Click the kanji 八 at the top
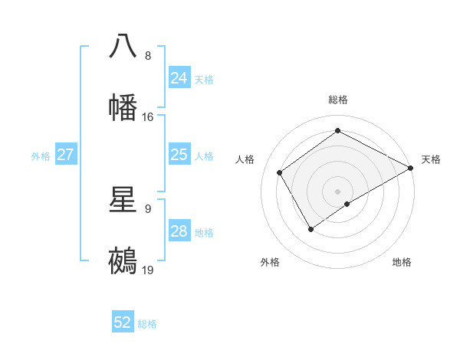tap(123, 46)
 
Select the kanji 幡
tap(123, 107)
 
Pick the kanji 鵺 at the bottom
tap(123, 260)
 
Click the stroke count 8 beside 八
tap(148, 56)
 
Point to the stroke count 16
tap(148, 117)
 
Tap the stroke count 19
tap(148, 270)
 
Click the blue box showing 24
tap(179, 78)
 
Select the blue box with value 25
tap(179, 155)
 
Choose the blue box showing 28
tap(179, 231)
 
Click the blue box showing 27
tap(65, 155)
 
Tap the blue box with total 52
tap(123, 322)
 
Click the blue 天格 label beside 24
tap(204, 80)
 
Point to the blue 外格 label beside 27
tap(41, 156)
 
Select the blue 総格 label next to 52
tap(147, 324)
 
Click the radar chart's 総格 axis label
tap(338, 100)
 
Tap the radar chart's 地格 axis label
tap(402, 262)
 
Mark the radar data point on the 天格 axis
tap(411, 168)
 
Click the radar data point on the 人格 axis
tap(280, 172)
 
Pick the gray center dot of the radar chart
tap(338, 191)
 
